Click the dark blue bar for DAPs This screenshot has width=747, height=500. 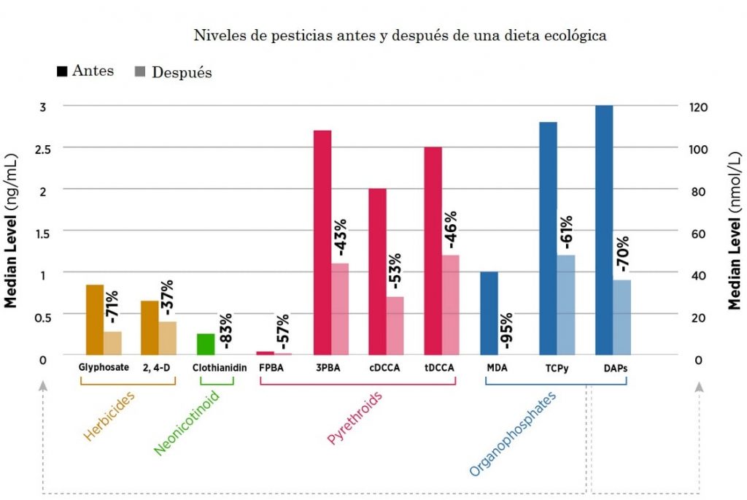tap(604, 230)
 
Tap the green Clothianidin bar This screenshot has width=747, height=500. tap(206, 344)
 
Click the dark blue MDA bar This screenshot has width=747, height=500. tap(489, 313)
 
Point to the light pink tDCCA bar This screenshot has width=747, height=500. tap(451, 304)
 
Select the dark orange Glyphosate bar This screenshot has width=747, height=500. tap(95, 319)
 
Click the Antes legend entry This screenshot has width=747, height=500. tap(85, 72)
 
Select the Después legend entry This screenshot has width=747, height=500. tap(173, 72)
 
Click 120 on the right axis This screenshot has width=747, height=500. tap(696, 107)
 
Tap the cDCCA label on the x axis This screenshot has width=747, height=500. tap(385, 368)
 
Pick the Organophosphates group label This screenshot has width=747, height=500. tap(512, 434)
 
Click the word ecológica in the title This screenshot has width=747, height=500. tap(577, 35)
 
